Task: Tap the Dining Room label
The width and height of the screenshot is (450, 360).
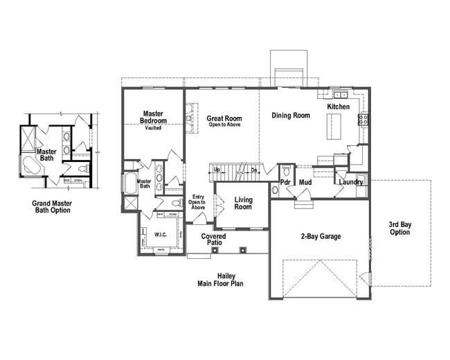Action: click(x=291, y=116)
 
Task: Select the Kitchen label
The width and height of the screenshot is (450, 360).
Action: click(x=339, y=107)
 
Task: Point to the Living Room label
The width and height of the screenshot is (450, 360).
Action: click(x=243, y=204)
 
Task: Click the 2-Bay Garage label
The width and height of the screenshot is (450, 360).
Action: click(x=320, y=237)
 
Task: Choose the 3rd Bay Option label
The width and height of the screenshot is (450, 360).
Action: click(x=399, y=228)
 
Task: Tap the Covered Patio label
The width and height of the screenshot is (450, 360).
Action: click(x=213, y=240)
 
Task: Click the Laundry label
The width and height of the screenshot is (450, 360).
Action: click(x=351, y=182)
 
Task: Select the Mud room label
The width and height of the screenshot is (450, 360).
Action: click(x=305, y=182)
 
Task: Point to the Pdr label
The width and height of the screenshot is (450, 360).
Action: click(x=285, y=182)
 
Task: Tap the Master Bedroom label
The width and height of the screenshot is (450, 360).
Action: click(x=152, y=117)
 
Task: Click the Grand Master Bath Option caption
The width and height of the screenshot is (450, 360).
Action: click(x=52, y=206)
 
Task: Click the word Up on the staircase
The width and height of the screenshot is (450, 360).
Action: click(x=217, y=170)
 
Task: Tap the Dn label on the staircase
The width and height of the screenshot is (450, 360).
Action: click(x=254, y=170)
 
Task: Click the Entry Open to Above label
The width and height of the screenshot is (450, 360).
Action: click(x=198, y=202)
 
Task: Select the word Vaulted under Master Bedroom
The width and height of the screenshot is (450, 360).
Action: click(x=153, y=129)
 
